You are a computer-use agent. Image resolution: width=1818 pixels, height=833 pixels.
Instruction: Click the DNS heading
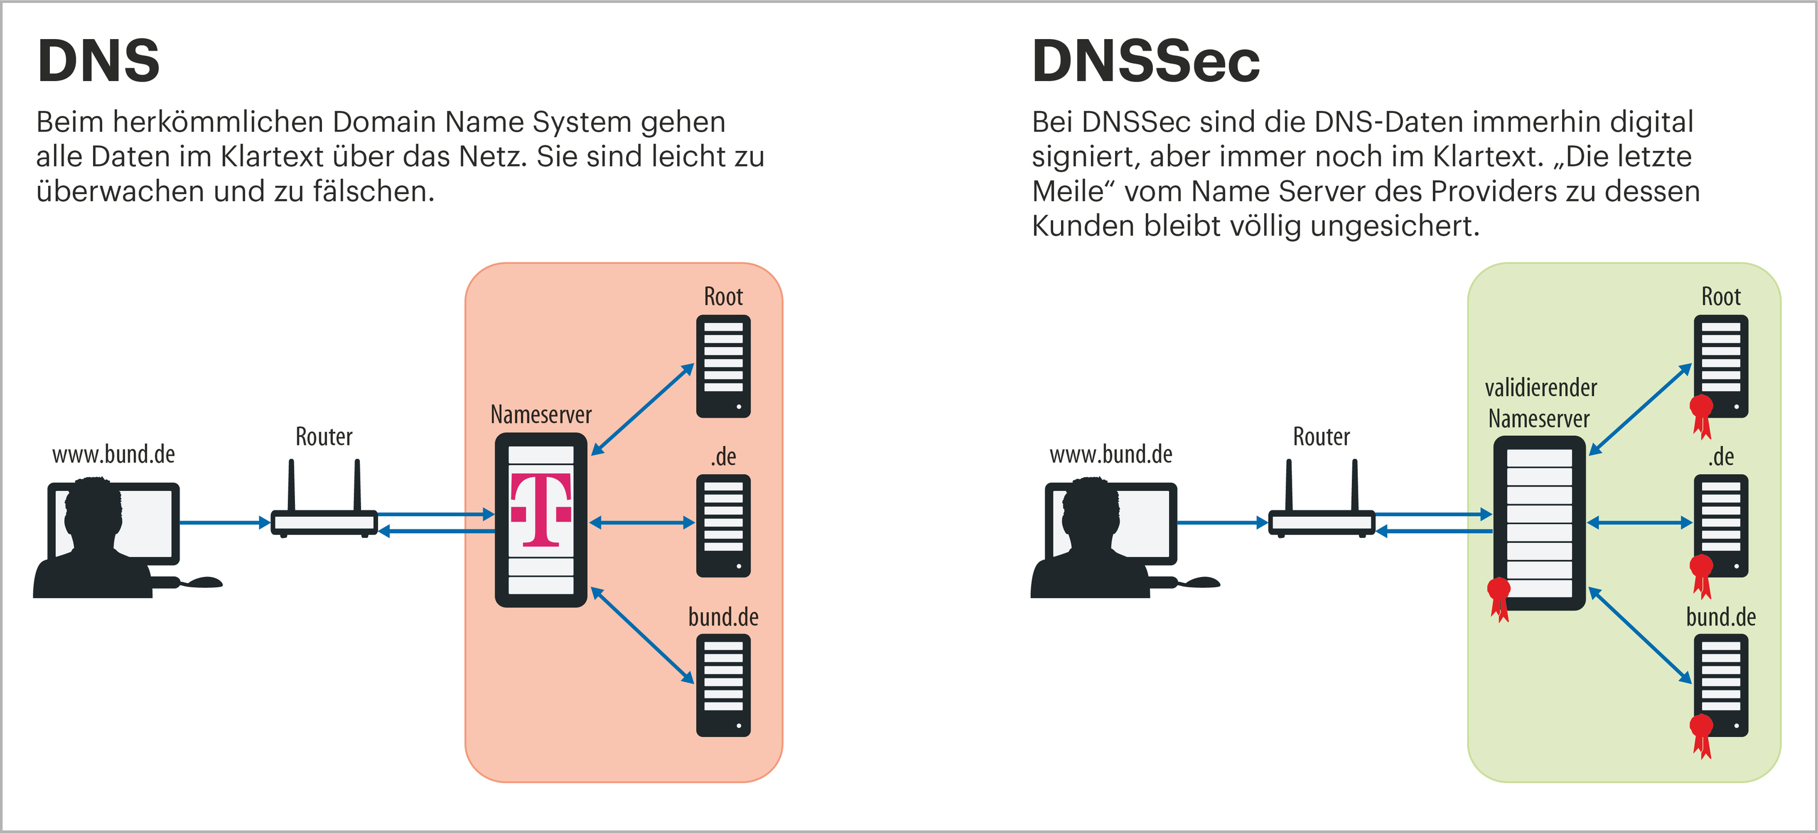(99, 61)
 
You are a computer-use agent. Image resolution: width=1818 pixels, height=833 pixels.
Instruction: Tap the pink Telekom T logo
(541, 510)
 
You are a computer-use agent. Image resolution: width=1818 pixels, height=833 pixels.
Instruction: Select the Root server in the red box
(723, 365)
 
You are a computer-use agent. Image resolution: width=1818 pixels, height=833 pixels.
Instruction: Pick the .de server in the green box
(1721, 525)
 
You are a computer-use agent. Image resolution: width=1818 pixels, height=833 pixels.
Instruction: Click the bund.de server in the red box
(723, 685)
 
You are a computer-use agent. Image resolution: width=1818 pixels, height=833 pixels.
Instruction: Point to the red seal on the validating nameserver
(1498, 597)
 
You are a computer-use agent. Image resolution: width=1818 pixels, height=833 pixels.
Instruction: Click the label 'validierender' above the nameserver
(1540, 388)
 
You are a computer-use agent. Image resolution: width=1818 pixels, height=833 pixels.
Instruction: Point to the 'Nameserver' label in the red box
(541, 414)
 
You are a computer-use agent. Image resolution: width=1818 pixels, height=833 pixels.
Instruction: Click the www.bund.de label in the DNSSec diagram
(1110, 454)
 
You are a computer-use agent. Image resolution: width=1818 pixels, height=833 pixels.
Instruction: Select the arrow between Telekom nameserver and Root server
(642, 409)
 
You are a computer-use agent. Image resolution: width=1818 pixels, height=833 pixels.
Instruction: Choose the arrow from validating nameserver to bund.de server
(1640, 635)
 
